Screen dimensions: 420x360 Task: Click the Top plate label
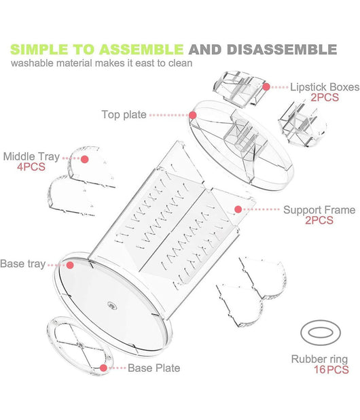pyautogui.click(x=124, y=114)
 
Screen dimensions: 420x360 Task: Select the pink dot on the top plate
pyautogui.click(x=193, y=116)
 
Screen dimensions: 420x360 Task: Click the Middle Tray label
pyautogui.click(x=31, y=156)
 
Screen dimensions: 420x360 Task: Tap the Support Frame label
pyautogui.click(x=319, y=210)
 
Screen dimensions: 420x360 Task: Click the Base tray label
pyautogui.click(x=22, y=263)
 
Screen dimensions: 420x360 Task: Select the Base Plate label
pyautogui.click(x=154, y=368)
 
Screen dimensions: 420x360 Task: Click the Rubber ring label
pyautogui.click(x=319, y=359)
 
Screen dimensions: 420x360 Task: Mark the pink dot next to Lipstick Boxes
pyautogui.click(x=266, y=87)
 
